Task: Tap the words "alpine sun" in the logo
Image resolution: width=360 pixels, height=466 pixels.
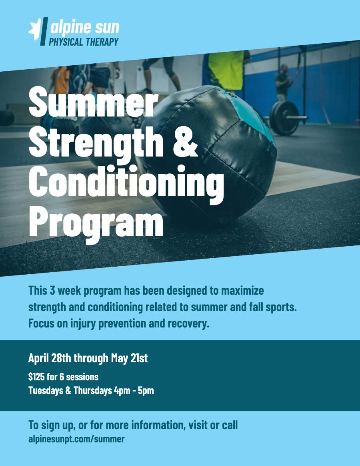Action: coord(85,27)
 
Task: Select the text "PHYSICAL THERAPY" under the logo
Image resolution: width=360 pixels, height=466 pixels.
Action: coord(84,42)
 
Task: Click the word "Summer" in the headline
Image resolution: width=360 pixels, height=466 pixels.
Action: coord(93,102)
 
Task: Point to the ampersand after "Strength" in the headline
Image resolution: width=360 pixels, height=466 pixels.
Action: coord(185,141)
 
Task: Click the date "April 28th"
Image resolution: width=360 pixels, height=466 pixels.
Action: coord(50,358)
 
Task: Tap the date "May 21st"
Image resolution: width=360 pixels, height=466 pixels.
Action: coord(129,358)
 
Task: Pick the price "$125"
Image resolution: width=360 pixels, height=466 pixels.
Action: coord(36,377)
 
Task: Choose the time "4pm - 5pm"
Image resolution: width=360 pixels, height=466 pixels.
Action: coord(134,390)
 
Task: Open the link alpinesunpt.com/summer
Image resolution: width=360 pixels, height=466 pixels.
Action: coord(76,439)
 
